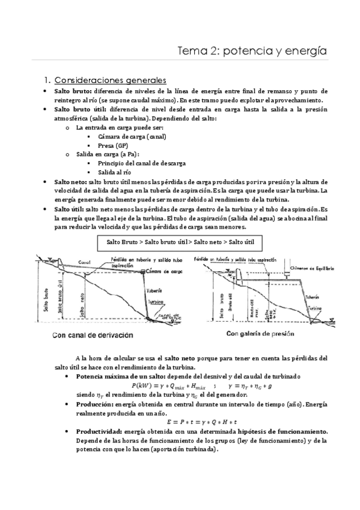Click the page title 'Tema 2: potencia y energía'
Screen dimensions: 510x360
coord(252,52)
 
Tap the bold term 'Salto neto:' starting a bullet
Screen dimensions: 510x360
coord(70,182)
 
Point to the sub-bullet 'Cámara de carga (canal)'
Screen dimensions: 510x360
coord(132,137)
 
